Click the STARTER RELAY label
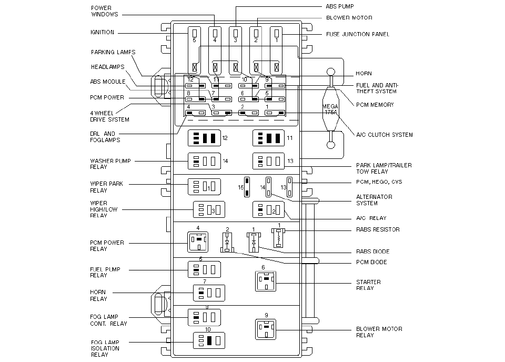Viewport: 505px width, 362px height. [368, 285]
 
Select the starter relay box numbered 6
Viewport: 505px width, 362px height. [266, 281]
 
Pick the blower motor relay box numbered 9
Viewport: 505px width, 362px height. [266, 329]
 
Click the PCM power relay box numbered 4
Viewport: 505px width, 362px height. [198, 243]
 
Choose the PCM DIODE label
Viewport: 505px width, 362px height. [371, 262]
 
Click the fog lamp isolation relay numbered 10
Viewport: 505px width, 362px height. [209, 340]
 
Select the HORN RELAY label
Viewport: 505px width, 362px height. [98, 295]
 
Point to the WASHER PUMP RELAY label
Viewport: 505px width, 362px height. [110, 164]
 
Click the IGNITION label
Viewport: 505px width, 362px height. [102, 32]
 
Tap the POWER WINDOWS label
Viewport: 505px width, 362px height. [104, 11]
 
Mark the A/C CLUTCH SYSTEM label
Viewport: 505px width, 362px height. [385, 135]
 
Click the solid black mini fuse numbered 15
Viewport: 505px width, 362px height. [246, 187]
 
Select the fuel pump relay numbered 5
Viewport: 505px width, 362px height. [204, 269]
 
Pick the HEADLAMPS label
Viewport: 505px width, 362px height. [107, 67]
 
